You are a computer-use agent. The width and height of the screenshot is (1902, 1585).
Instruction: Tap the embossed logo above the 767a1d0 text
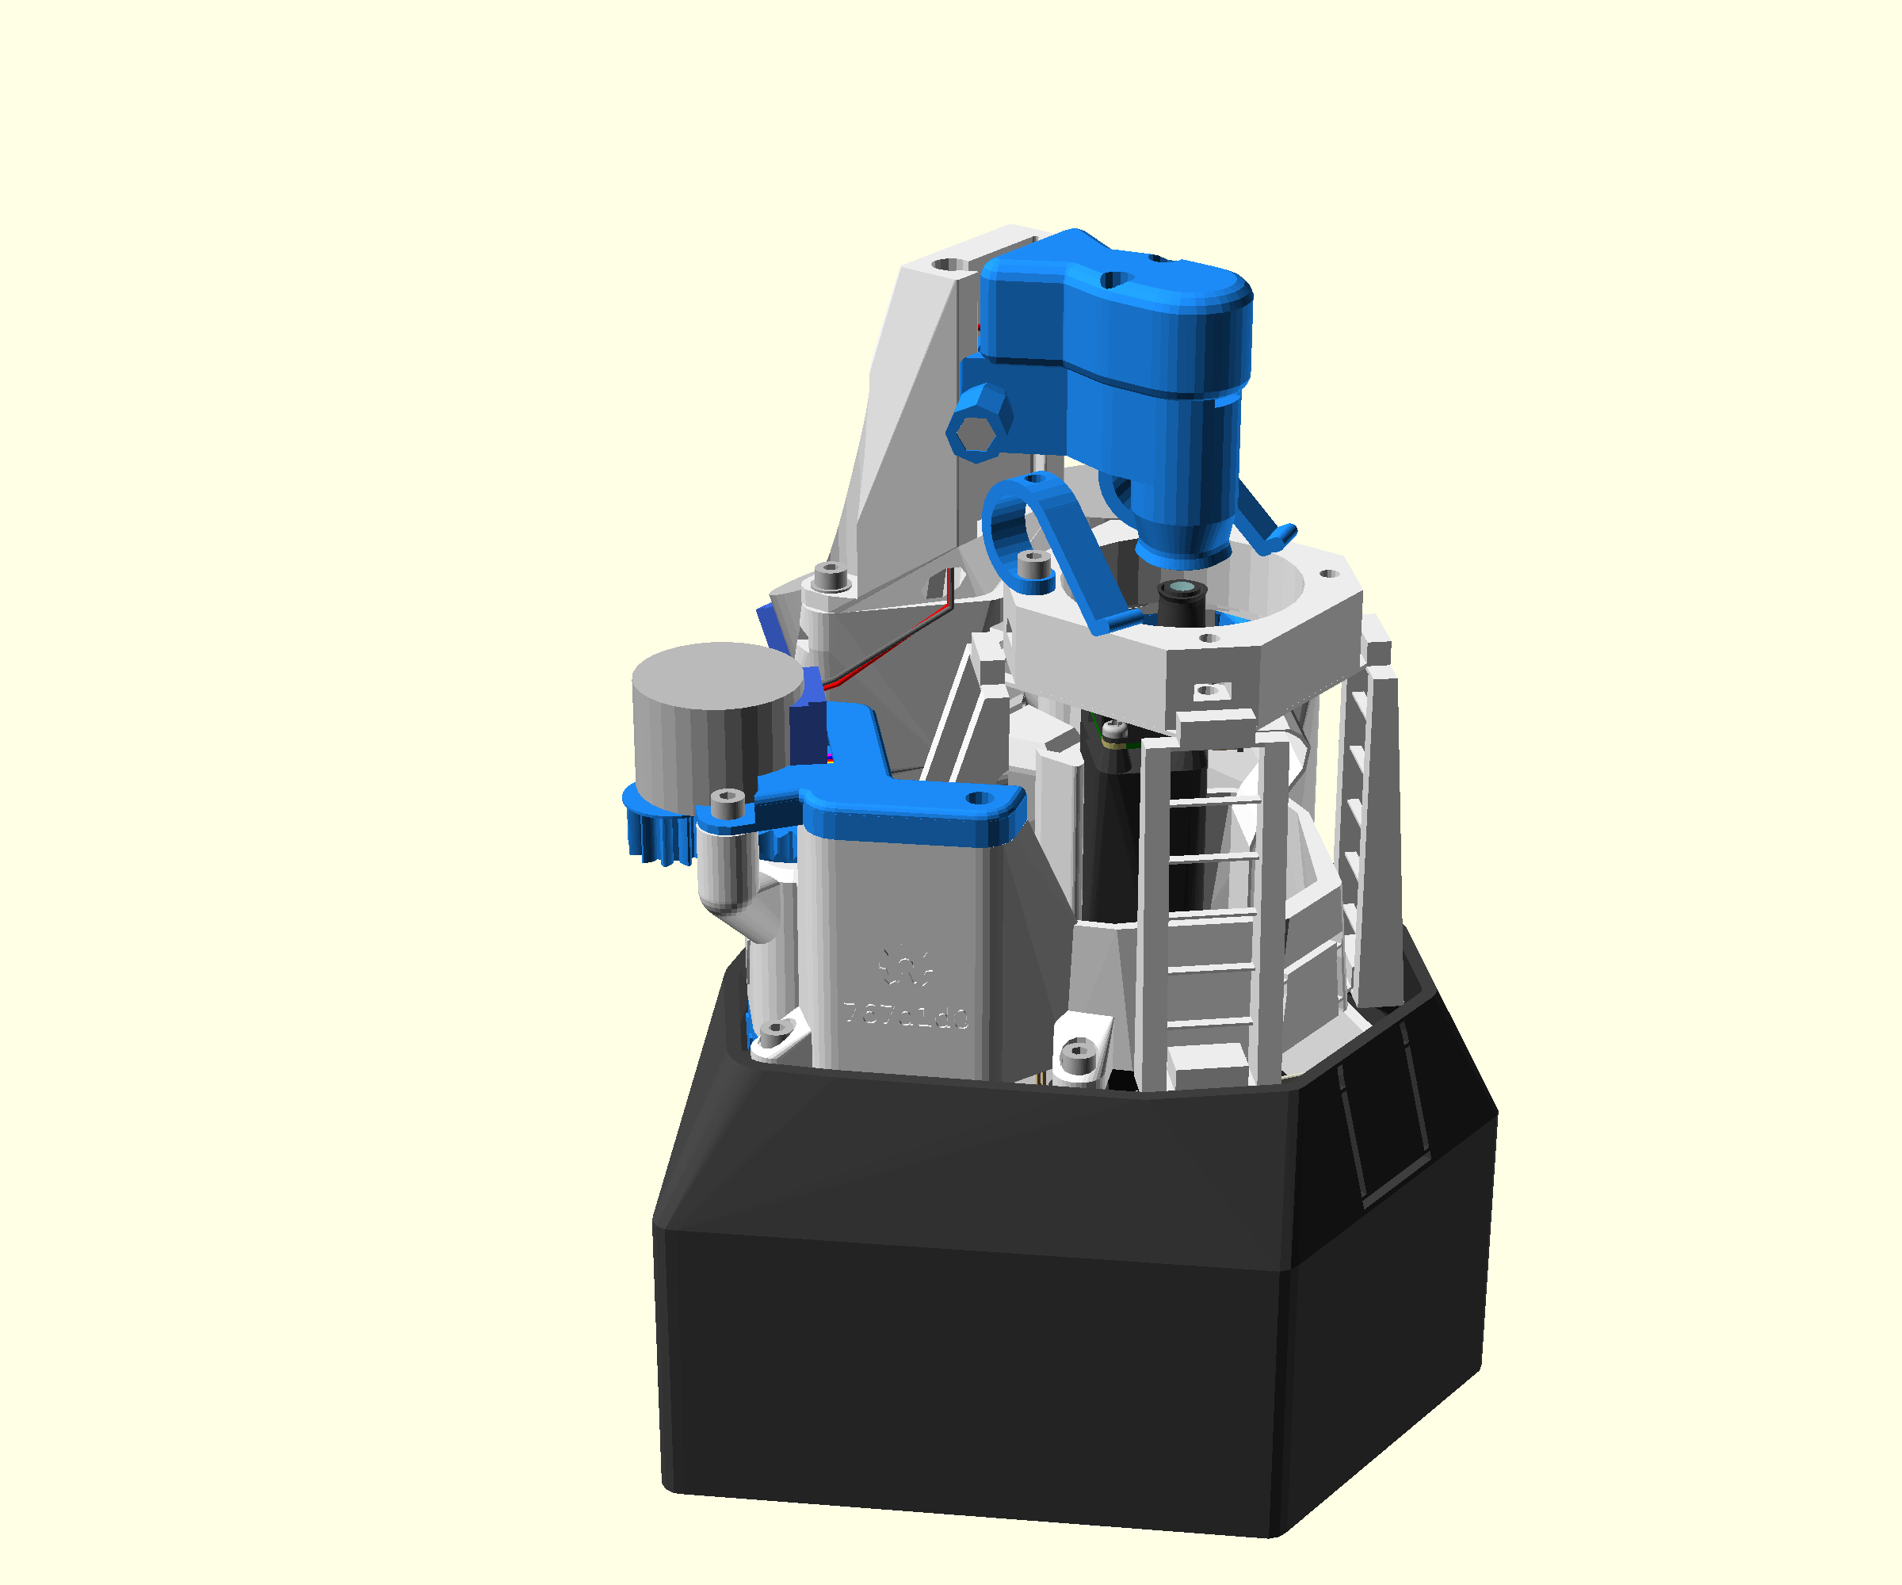905,965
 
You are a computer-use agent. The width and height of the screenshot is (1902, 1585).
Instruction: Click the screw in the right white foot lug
1077,1052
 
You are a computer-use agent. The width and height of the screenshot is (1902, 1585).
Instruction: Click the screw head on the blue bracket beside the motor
727,800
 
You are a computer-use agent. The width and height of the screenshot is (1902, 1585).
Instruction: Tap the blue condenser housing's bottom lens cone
1182,544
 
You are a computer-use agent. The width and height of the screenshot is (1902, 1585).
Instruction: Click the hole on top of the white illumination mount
947,265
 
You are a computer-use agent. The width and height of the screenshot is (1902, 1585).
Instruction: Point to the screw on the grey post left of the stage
829,573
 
